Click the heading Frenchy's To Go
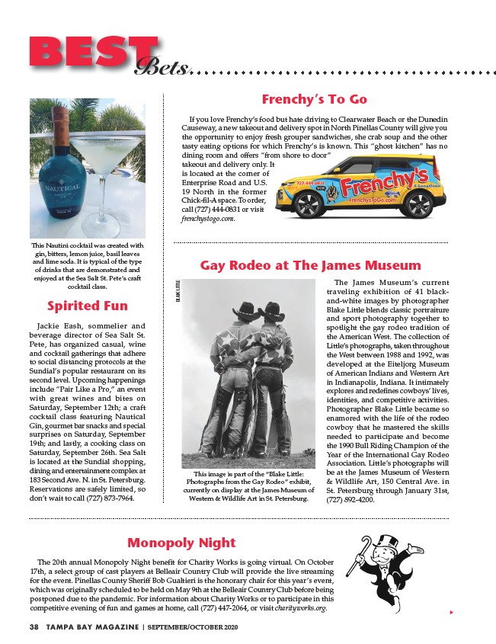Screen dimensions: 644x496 tap(314, 99)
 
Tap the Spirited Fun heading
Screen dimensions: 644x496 tap(88, 306)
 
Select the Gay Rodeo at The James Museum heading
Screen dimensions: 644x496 tap(310, 265)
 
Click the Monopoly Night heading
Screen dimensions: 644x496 tap(181, 543)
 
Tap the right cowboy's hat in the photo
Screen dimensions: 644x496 tap(271, 311)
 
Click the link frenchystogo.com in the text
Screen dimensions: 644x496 tap(209, 218)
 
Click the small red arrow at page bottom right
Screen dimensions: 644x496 tap(452, 611)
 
